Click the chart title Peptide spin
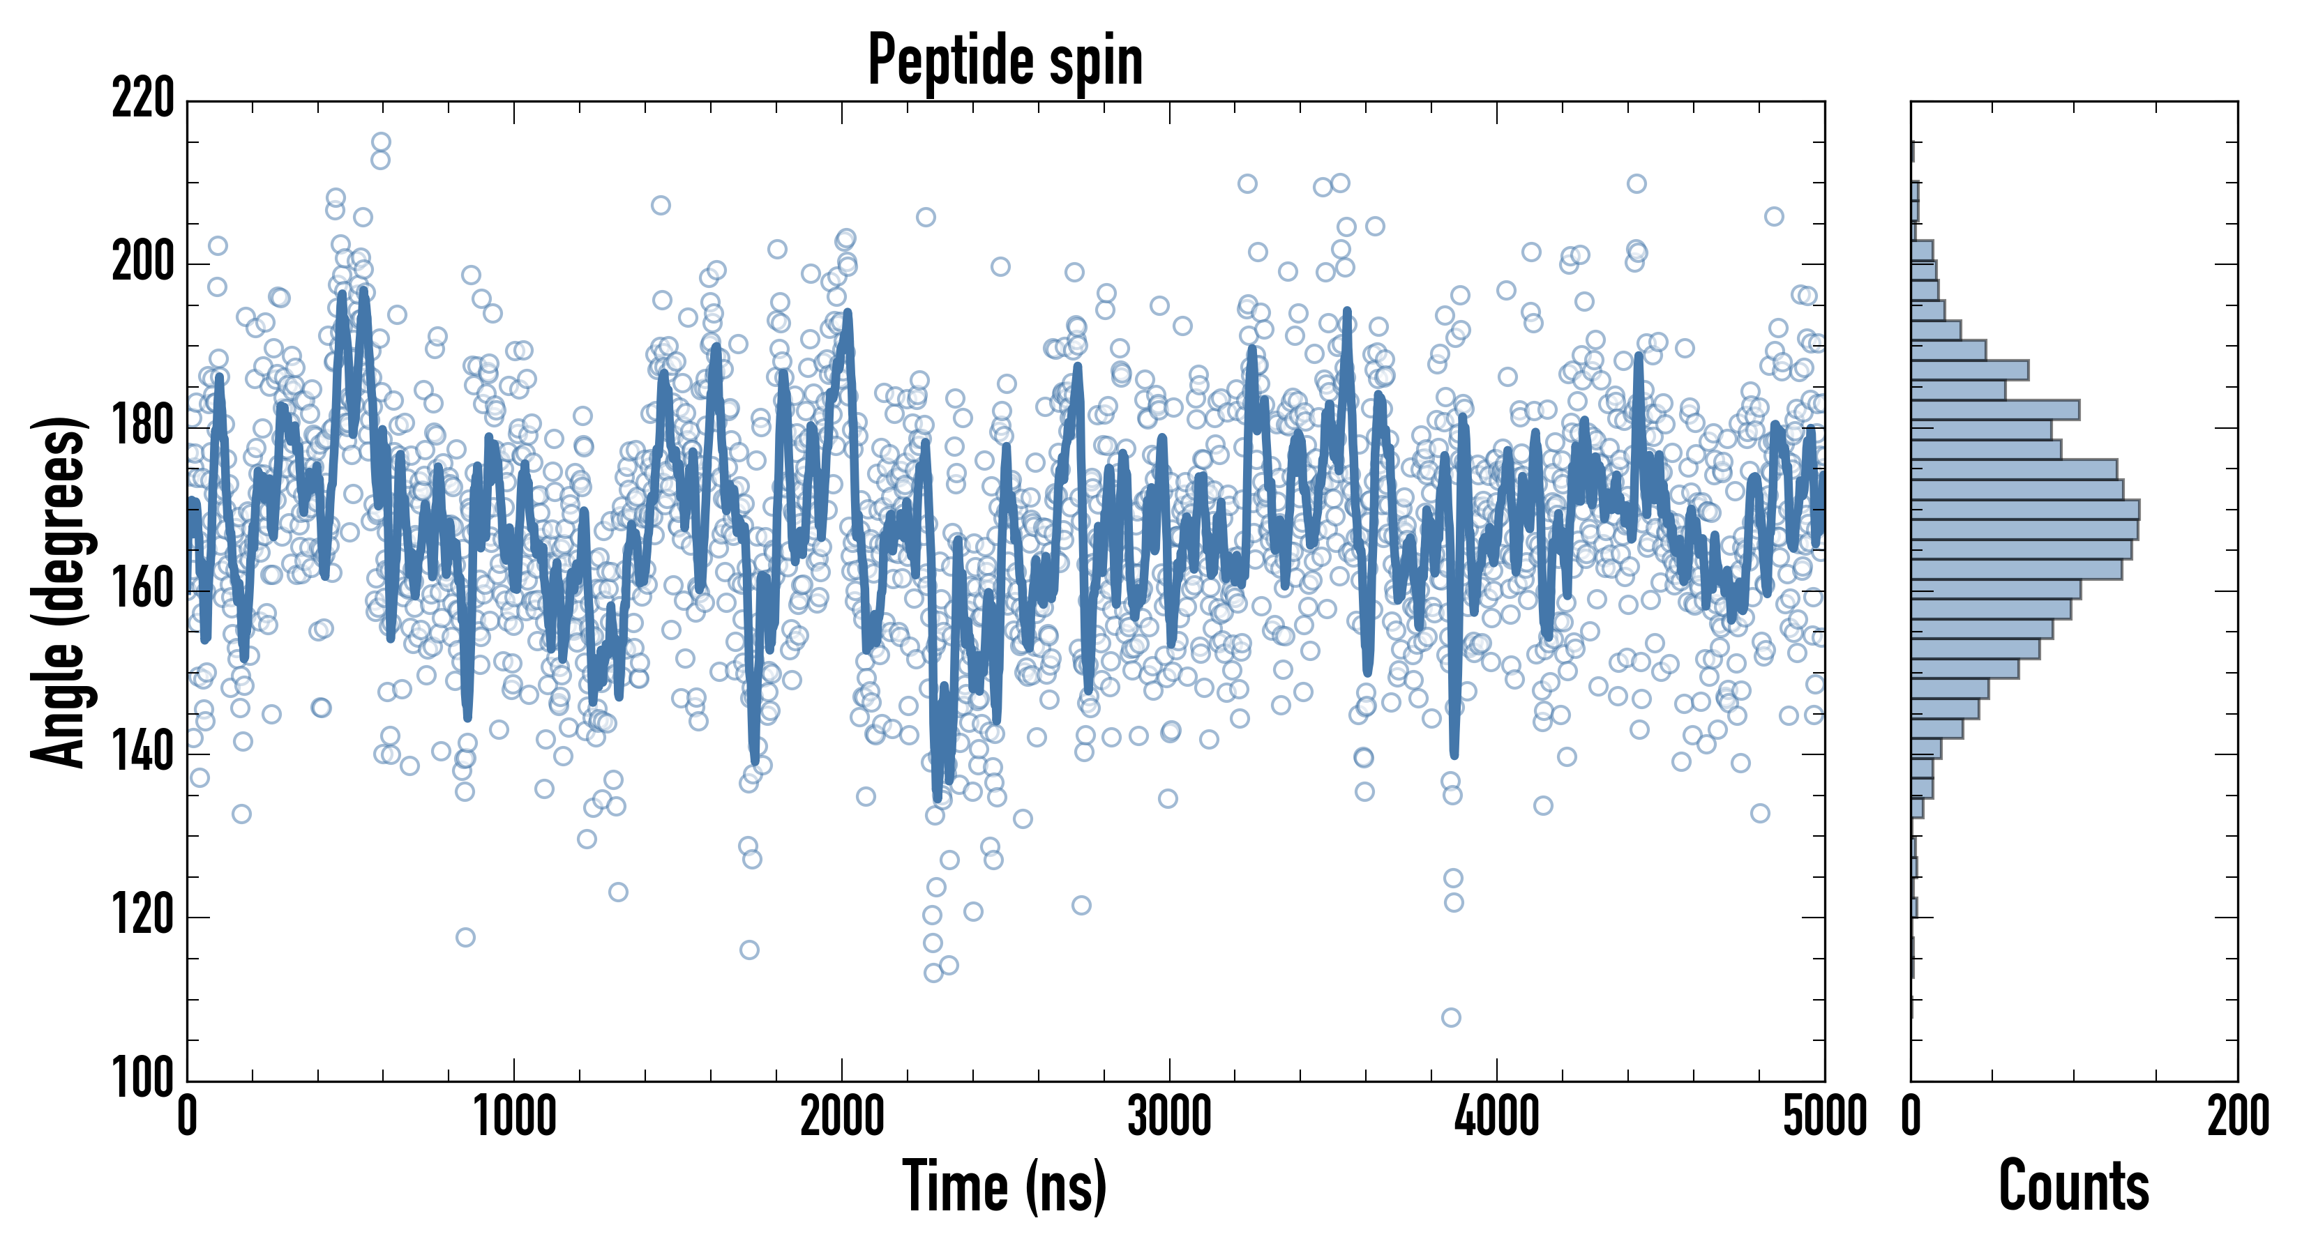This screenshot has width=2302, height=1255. click(1005, 61)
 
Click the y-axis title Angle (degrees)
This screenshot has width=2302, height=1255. click(59, 591)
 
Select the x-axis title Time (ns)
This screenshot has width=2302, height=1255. click(1005, 1186)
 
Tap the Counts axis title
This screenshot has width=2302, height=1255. click(2074, 1186)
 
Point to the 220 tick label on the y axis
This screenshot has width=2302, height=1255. click(143, 98)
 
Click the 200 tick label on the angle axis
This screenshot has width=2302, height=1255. click(143, 263)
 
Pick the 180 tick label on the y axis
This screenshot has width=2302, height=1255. click(143, 426)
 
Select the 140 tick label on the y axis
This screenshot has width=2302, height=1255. click(143, 753)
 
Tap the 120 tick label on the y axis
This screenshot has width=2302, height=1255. click(143, 916)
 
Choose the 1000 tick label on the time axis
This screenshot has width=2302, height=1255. click(514, 1116)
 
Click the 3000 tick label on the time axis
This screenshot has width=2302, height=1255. click(1169, 1116)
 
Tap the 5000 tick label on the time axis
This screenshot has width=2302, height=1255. click(1824, 1116)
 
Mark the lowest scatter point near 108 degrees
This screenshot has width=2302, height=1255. click(1451, 1017)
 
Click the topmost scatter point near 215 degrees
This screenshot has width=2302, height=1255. click(381, 142)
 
